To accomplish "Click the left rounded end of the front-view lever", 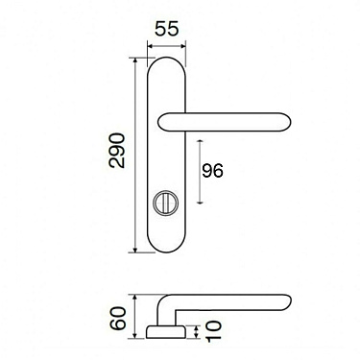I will (x=161, y=121).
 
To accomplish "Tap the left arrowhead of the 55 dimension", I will (x=149, y=45).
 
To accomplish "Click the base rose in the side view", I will (x=166, y=332).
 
